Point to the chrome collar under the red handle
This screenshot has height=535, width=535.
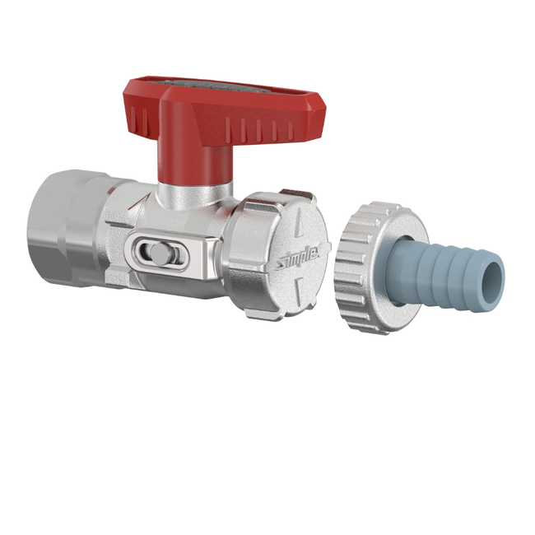[x=193, y=196]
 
